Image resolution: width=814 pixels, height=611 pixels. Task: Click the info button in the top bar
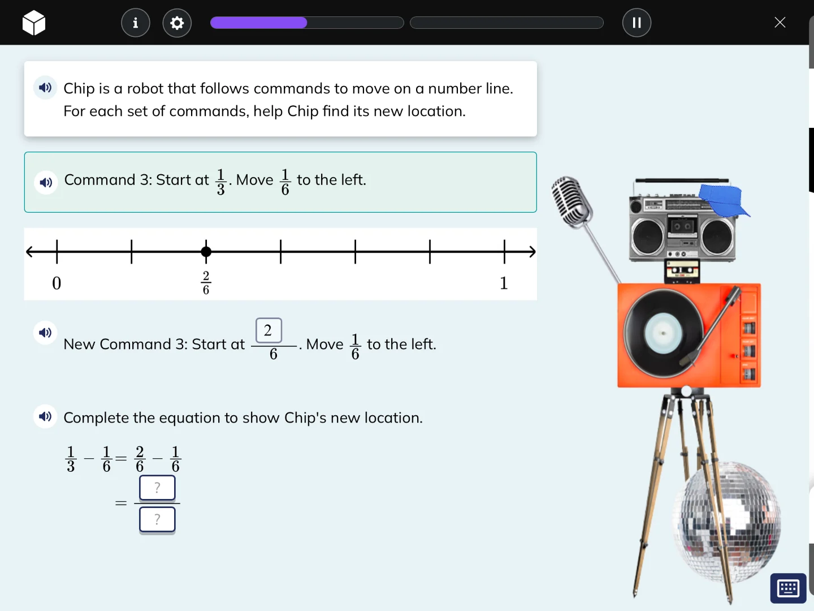[x=136, y=23]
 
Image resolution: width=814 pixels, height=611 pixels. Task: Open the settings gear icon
[x=177, y=23]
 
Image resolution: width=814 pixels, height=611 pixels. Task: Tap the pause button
[x=637, y=23]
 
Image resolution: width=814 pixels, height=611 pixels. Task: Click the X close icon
[x=780, y=23]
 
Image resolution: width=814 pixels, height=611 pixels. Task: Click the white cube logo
[x=34, y=23]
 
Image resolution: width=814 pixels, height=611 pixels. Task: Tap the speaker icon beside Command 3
[x=46, y=182]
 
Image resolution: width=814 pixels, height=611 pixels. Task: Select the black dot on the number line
[x=206, y=252]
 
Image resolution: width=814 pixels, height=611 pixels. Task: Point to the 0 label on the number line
[x=57, y=283]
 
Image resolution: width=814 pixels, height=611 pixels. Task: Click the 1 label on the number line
[x=504, y=283]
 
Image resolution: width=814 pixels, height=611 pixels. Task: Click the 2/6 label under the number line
[x=206, y=283]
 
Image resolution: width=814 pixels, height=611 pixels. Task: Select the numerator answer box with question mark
[x=157, y=488]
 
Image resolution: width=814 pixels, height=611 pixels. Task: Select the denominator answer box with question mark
[x=157, y=519]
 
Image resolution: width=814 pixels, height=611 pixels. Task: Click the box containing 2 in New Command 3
[x=269, y=330]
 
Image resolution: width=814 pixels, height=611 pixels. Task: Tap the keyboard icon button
[x=788, y=588]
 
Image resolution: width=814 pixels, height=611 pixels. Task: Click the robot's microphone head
[x=572, y=201]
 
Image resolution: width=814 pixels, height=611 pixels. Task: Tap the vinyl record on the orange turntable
[x=663, y=333]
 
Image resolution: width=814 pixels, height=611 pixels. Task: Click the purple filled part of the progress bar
[x=258, y=23]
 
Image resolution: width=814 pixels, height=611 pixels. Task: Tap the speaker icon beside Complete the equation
[x=45, y=417]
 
